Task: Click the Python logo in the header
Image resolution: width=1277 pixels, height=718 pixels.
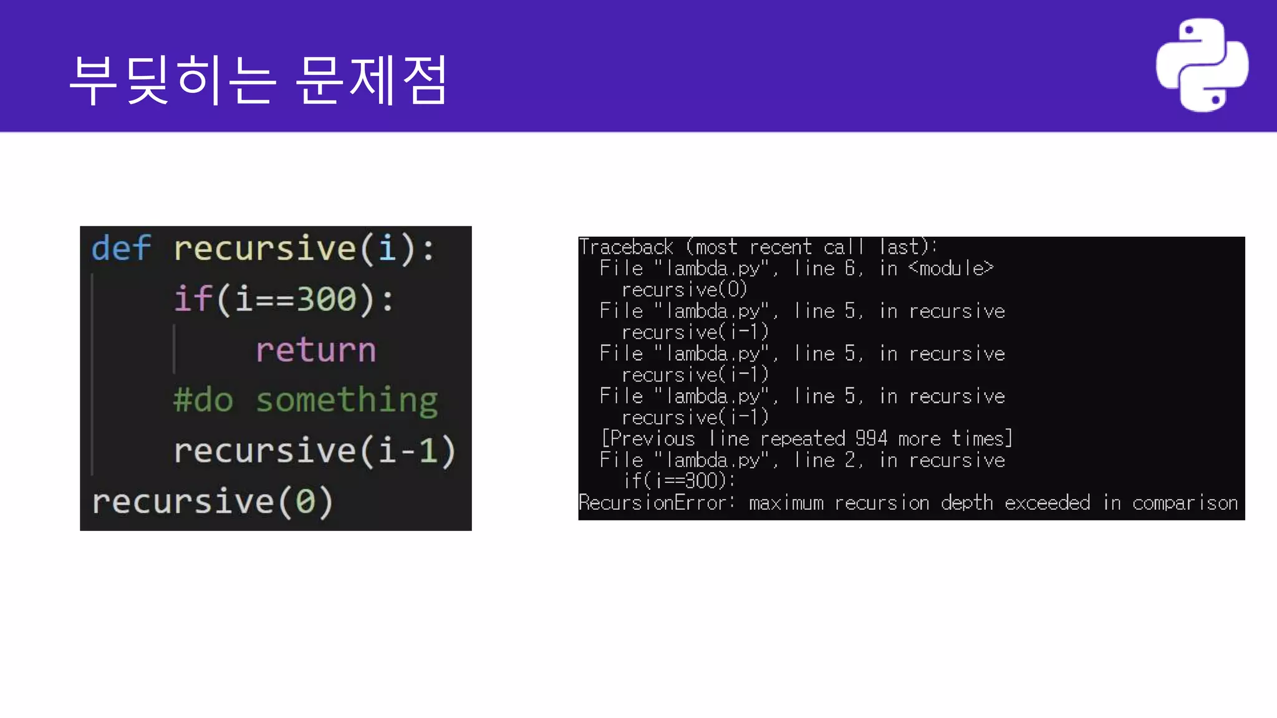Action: click(1202, 65)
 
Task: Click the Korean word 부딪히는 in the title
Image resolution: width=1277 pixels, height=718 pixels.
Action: click(172, 79)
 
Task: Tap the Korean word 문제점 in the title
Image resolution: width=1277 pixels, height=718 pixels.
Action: click(370, 79)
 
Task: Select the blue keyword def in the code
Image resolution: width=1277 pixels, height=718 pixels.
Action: click(121, 248)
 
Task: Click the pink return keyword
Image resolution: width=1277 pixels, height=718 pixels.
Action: click(316, 350)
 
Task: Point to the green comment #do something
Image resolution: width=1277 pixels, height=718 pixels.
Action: click(306, 400)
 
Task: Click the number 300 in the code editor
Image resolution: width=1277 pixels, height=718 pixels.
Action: click(327, 299)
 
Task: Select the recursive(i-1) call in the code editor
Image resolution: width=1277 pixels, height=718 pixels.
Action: click(314, 451)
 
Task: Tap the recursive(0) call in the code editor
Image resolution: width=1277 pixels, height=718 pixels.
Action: click(213, 502)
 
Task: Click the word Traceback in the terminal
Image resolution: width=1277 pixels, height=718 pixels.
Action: click(626, 247)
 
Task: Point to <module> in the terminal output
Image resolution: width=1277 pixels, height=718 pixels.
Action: click(950, 269)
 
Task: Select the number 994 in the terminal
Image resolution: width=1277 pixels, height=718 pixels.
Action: click(871, 439)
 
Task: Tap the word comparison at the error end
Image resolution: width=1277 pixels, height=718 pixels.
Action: click(1185, 502)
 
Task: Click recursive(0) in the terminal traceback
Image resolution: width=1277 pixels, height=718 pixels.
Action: click(684, 290)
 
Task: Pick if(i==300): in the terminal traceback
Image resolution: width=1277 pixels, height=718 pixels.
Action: click(679, 481)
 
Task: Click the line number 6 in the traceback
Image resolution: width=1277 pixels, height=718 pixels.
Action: click(850, 269)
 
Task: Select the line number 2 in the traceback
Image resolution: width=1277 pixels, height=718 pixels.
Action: click(850, 460)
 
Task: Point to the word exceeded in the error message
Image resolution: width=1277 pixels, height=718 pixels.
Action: click(1047, 502)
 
